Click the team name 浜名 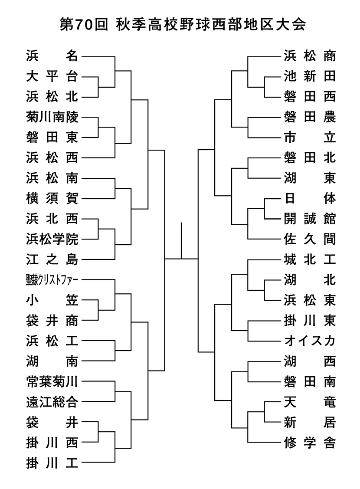(x=52, y=56)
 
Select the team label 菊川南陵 (x=52, y=117)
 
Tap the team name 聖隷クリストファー (x=52, y=280)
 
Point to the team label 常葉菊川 (x=52, y=381)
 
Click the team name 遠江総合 (x=52, y=402)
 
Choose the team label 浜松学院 (x=52, y=239)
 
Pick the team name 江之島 (x=52, y=259)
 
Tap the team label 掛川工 (x=52, y=463)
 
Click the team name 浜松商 (x=310, y=56)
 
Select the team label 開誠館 (x=310, y=219)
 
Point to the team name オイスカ (x=310, y=341)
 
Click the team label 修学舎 (x=310, y=443)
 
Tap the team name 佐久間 (x=310, y=239)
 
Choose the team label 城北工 (x=310, y=259)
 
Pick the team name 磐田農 (x=310, y=117)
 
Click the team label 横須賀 (x=52, y=199)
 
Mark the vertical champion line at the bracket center (x=181, y=240)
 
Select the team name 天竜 (x=310, y=402)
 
